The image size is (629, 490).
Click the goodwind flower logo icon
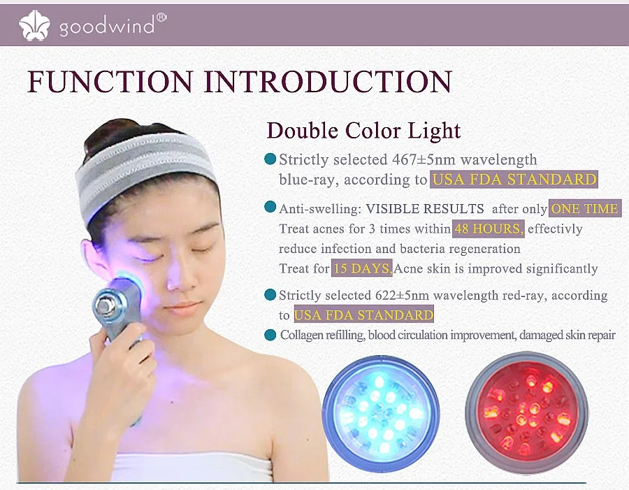(x=35, y=25)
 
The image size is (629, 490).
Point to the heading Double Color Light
(x=363, y=131)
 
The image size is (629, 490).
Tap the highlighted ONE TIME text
(x=584, y=208)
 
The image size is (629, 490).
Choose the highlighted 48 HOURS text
(x=489, y=229)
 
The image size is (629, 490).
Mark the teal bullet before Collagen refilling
(x=270, y=336)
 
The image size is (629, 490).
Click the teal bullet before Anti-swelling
(x=270, y=208)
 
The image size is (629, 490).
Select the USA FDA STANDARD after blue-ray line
(x=514, y=180)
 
